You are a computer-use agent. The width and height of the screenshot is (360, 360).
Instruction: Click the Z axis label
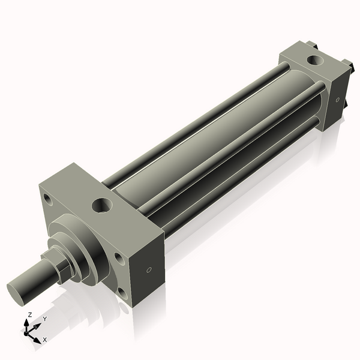(31, 314)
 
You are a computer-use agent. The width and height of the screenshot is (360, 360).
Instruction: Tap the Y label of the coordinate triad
(45, 319)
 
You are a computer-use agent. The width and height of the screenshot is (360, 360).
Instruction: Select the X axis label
(44, 340)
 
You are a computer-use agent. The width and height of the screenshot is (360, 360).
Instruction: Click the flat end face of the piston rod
(18, 292)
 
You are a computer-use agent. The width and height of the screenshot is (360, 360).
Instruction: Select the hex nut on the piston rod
(61, 266)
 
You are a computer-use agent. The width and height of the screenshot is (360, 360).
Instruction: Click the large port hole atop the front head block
(101, 206)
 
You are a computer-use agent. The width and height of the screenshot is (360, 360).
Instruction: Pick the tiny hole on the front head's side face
(149, 269)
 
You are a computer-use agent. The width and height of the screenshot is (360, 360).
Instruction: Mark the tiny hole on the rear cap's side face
(338, 100)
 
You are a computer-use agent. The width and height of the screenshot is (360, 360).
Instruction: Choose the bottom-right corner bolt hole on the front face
(122, 292)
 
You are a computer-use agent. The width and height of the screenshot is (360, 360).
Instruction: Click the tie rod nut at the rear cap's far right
(347, 64)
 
